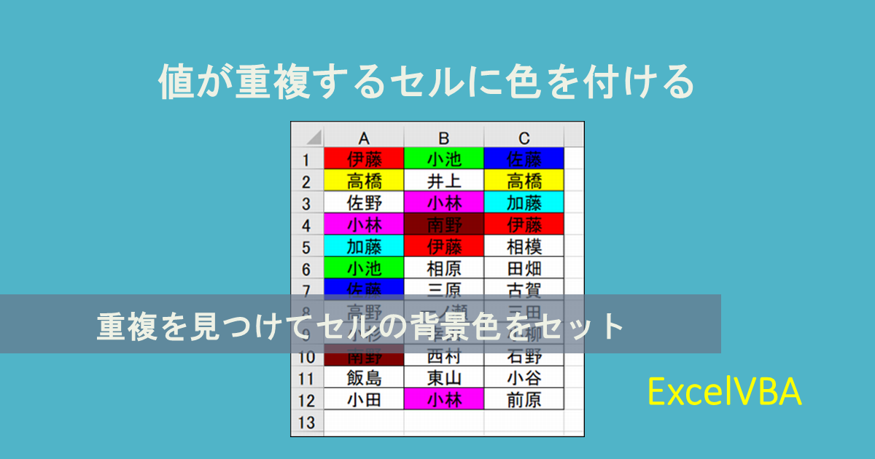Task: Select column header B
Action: tap(444, 137)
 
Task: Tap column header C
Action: tap(524, 137)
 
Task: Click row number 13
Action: tap(307, 422)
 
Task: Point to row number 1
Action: tap(307, 159)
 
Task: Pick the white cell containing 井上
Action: tap(444, 181)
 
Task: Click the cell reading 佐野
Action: tap(364, 203)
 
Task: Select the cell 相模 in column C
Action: tap(524, 246)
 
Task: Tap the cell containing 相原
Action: tap(444, 268)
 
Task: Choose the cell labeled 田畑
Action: tap(524, 268)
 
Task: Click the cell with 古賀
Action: tap(524, 290)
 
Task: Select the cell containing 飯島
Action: tap(364, 378)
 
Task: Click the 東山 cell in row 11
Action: tap(444, 378)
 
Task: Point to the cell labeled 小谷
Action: tap(524, 378)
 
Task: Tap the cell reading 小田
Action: tap(364, 400)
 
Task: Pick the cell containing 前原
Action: tap(524, 400)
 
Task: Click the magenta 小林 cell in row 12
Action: tap(444, 400)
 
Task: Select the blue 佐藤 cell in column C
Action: tap(524, 159)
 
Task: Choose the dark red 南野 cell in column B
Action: tap(444, 224)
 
